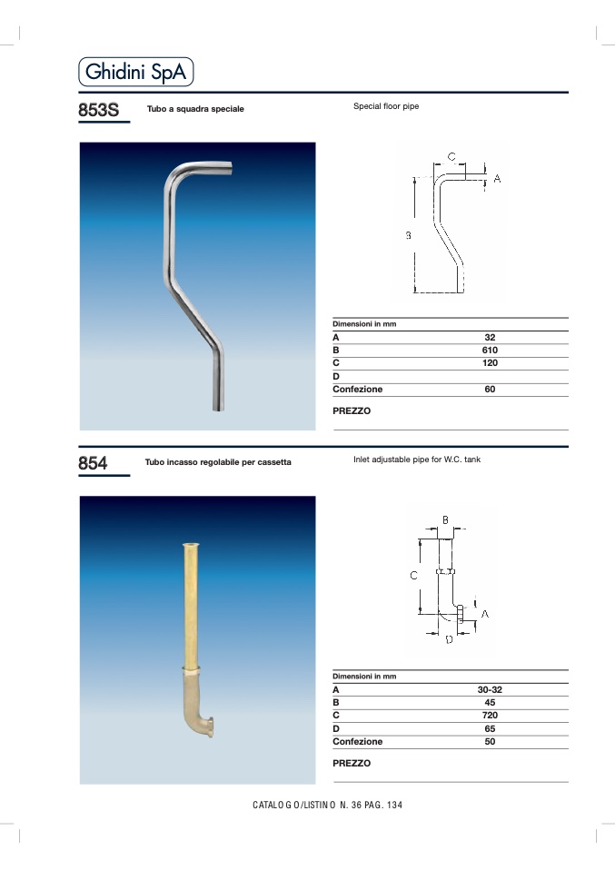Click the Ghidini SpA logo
click(x=136, y=72)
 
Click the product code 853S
click(x=99, y=110)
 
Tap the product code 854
click(x=93, y=463)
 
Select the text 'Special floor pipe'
click(x=386, y=106)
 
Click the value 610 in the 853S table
click(x=490, y=351)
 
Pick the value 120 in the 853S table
click(x=490, y=363)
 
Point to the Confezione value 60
click(x=490, y=389)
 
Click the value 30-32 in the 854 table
click(x=490, y=689)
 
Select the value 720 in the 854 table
click(x=490, y=716)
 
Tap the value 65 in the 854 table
click(x=490, y=728)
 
